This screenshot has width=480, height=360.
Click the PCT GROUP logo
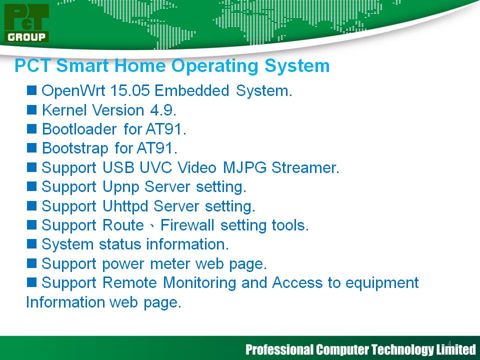click(26, 23)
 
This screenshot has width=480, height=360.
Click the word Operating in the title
click(214, 66)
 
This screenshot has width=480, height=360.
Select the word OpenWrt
click(73, 91)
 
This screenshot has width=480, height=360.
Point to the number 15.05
click(130, 90)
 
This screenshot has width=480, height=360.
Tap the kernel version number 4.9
click(163, 110)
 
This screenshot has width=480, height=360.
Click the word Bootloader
click(79, 129)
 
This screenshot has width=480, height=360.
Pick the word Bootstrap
click(75, 148)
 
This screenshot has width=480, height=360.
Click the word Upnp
click(120, 187)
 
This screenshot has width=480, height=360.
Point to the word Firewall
click(187, 225)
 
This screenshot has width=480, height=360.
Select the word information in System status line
click(187, 244)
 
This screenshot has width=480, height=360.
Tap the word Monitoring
click(199, 283)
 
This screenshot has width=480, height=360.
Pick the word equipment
click(382, 283)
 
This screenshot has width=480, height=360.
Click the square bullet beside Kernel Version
click(31, 109)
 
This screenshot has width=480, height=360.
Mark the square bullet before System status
click(31, 244)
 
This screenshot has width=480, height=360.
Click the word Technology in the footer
click(402, 349)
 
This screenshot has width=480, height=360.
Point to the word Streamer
click(305, 167)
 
